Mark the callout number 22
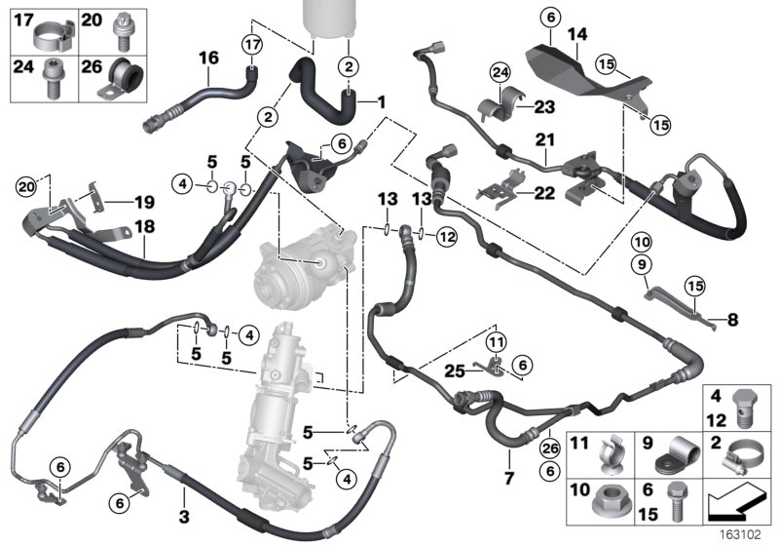pos(543,192)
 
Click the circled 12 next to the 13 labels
pos(447,234)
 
